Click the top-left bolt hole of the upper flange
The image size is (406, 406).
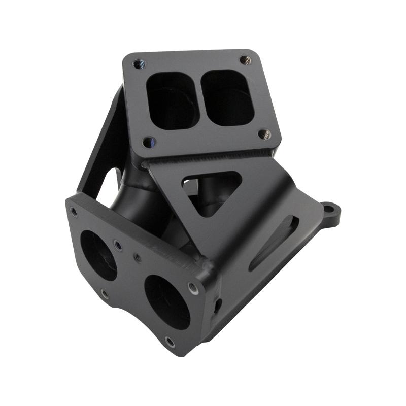tap(139, 64)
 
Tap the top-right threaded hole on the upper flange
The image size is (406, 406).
tap(246, 60)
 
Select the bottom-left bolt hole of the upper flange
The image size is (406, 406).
tap(148, 142)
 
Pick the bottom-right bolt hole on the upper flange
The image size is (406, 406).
tap(264, 134)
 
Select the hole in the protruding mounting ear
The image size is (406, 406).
tap(329, 209)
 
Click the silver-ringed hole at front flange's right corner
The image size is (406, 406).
tap(193, 288)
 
